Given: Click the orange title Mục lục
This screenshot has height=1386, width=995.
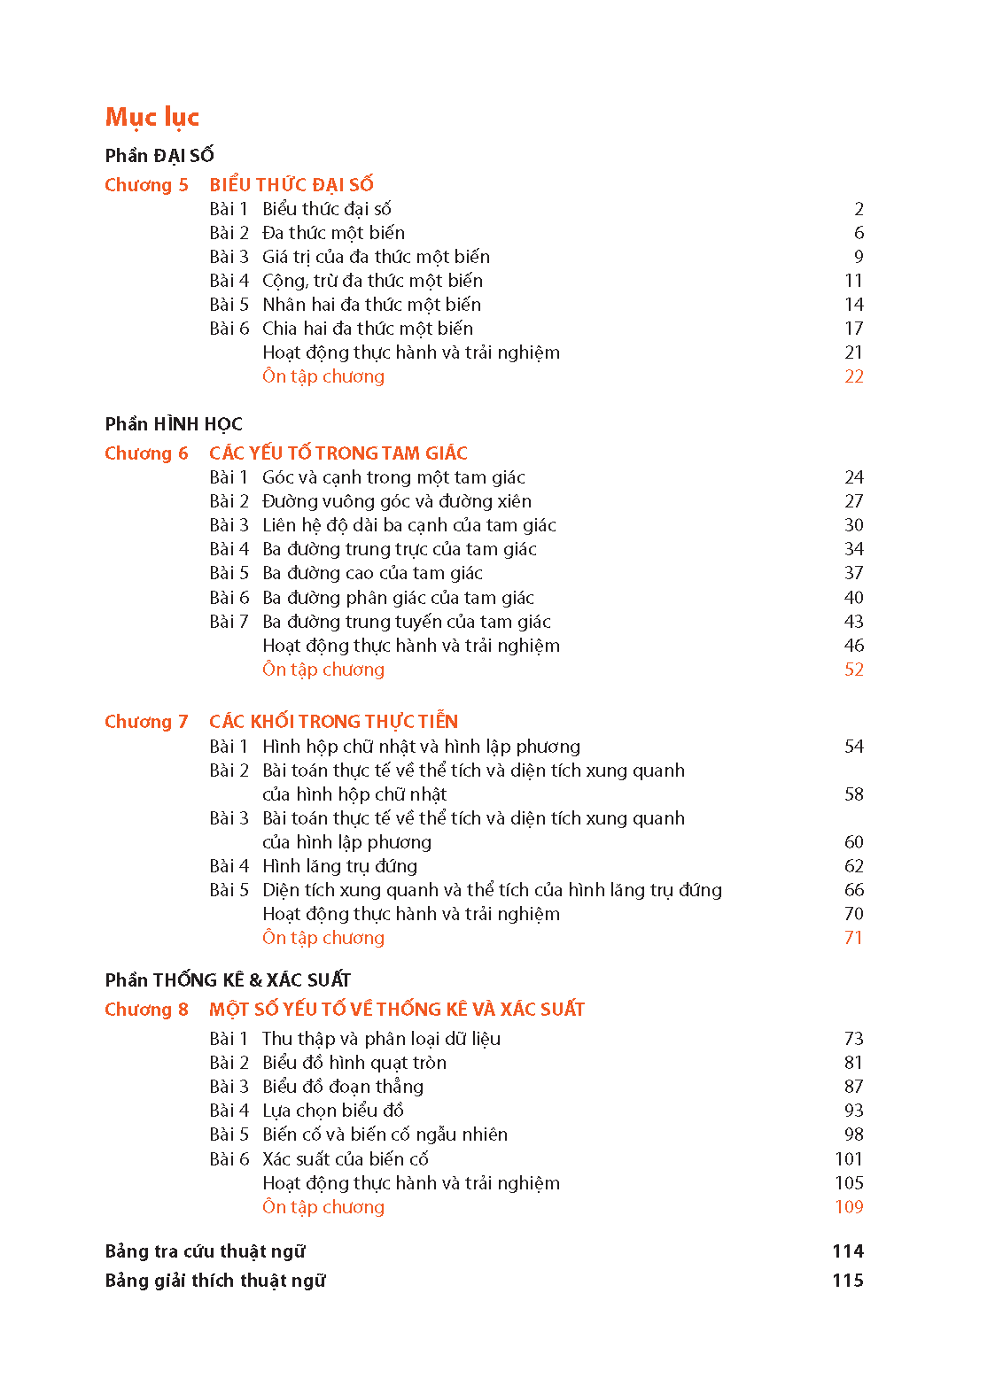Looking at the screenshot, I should [x=152, y=117].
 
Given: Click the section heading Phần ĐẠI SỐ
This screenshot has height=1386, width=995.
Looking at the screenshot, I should [x=159, y=156].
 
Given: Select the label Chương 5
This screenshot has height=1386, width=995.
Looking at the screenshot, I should [x=146, y=185].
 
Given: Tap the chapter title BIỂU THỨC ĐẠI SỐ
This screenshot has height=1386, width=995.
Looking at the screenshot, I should [x=292, y=185].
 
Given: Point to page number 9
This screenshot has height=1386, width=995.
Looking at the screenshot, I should [x=859, y=257].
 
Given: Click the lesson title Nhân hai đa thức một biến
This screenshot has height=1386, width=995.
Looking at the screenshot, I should [x=371, y=305].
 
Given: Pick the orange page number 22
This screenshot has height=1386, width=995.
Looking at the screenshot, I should [x=854, y=376].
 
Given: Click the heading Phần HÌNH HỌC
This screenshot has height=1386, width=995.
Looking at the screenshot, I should [x=174, y=424].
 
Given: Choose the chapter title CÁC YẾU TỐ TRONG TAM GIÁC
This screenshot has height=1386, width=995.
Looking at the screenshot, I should [x=338, y=453].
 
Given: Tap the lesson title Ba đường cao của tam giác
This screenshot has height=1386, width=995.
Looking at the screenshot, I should [x=372, y=573].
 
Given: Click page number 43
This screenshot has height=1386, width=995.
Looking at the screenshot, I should [x=854, y=622].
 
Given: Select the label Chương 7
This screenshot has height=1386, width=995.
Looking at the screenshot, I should [x=146, y=722].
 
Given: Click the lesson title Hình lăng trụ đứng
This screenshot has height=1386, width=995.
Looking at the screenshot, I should [x=339, y=866].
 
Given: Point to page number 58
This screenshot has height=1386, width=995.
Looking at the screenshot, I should [x=854, y=794].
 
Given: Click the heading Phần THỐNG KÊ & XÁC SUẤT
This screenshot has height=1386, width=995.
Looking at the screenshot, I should [x=228, y=980].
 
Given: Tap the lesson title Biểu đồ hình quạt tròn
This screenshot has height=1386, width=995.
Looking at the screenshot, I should [x=354, y=1063].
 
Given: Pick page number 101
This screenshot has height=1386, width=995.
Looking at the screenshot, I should [x=849, y=1159].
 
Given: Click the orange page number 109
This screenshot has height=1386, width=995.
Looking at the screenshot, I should [x=849, y=1207].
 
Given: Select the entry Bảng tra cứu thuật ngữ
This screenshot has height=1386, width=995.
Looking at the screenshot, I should [x=205, y=1251].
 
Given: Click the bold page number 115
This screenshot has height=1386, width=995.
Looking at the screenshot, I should [x=848, y=1281].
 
